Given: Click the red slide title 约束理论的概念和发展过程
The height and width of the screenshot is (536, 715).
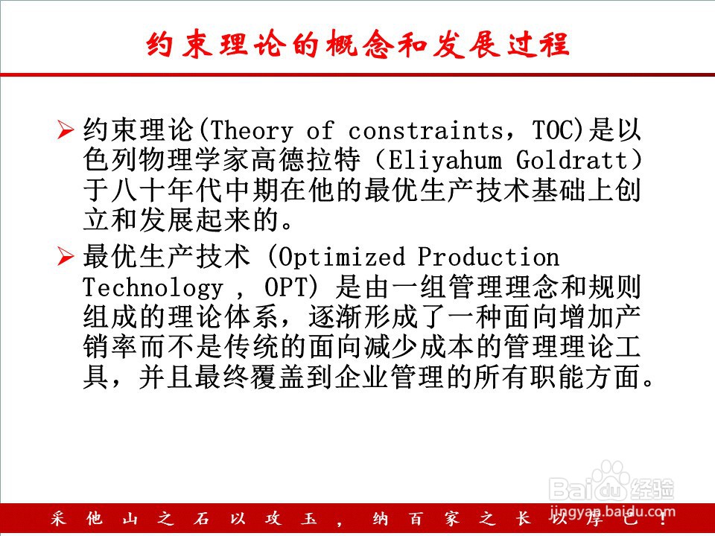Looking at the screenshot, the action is coord(358,45).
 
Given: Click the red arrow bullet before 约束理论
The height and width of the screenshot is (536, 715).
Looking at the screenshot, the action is coord(66,130).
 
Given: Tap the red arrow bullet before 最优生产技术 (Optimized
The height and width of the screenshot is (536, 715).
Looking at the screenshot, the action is coord(66,257).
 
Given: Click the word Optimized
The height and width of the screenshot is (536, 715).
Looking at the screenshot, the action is coord(341,258).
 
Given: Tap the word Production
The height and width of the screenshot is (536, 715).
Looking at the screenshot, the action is coord(489,257).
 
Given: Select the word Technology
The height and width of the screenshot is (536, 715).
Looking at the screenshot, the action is coord(153,288).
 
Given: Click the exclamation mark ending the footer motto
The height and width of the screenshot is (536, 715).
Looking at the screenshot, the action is coord(663,519).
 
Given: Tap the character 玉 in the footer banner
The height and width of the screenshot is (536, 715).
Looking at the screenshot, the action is coord(308,519).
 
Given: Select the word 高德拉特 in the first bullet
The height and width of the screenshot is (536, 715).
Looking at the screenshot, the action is coord(306,160).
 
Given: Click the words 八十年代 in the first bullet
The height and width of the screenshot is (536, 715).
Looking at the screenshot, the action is coord(168,191).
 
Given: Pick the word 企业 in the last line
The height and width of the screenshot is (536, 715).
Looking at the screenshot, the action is coord(362,377).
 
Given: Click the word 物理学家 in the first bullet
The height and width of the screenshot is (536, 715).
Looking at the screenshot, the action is coord(194,160).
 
